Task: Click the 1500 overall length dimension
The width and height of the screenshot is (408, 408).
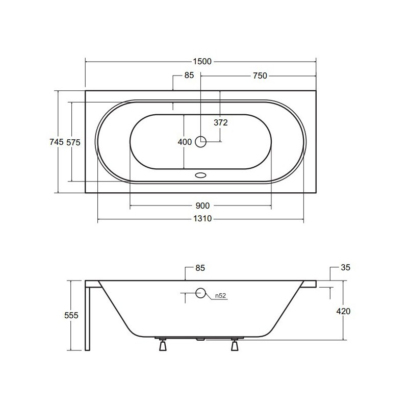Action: pos(202,62)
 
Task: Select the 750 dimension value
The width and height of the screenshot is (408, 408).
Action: pos(260,75)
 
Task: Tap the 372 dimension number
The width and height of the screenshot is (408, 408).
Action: pos(221,122)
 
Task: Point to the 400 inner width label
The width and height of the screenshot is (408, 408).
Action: pos(185,142)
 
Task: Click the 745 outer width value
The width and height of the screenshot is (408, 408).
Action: pos(57,142)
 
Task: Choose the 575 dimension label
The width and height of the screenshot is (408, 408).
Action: pos(73,143)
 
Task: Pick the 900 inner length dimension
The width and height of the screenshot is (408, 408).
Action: pos(202,206)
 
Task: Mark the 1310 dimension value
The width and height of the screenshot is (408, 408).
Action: pos(202,219)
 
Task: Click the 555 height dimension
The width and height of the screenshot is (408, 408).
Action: pos(71,315)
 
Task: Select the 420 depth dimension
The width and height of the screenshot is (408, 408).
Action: pos(343,311)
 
